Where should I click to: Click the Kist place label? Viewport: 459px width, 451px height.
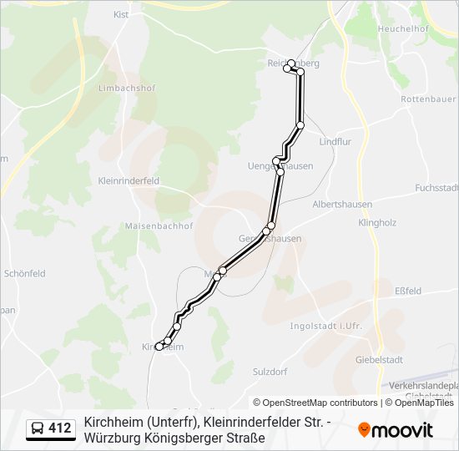coord(121,15)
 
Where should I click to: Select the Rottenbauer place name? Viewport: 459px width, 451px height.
coord(427,99)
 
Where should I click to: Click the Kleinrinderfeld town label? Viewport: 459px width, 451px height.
coord(129,180)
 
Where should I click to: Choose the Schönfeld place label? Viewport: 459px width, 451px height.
coord(25,273)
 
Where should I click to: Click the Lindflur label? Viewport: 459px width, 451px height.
coord(335,142)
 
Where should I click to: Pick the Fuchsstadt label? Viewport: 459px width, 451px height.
coord(436,187)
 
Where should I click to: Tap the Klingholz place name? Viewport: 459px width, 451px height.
coord(376,223)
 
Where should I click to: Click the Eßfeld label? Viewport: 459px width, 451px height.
coord(407,291)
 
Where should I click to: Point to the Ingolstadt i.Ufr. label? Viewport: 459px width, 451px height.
coord(325,326)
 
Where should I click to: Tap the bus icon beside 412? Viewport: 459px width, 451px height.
coord(38,429)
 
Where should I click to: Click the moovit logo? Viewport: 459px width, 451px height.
coord(396,430)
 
